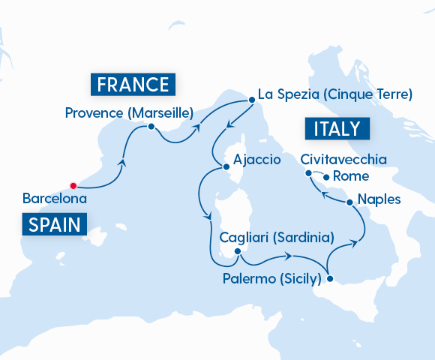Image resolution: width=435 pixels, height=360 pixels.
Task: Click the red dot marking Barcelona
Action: pos(73,185)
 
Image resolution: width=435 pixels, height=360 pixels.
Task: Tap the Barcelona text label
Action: pos(55,199)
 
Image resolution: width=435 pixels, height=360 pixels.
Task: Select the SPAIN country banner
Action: pos(55,223)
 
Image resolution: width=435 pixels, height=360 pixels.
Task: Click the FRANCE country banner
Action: pos(132,82)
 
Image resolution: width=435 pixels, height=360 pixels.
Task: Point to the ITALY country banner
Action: pos(337,128)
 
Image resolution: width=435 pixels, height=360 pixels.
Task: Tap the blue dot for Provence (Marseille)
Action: pos(151,127)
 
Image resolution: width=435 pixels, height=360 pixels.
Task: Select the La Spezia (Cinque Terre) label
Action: pos(334,95)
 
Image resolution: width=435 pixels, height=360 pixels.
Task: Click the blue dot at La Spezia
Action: pos(247,95)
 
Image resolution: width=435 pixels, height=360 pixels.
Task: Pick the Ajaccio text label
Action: pos(257,160)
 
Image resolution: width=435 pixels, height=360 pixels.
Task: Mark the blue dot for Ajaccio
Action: pos(225,166)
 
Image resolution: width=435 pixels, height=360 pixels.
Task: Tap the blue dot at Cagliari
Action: pos(237,251)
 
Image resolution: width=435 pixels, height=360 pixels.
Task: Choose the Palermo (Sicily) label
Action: pos(272,279)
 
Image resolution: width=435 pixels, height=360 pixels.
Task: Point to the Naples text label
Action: pos(379,199)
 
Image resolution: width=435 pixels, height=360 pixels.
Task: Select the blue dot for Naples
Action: pos(349,202)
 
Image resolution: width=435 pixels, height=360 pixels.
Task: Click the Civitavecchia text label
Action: pos(343,160)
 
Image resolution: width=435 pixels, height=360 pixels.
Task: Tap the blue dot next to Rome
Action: pos(325,177)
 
